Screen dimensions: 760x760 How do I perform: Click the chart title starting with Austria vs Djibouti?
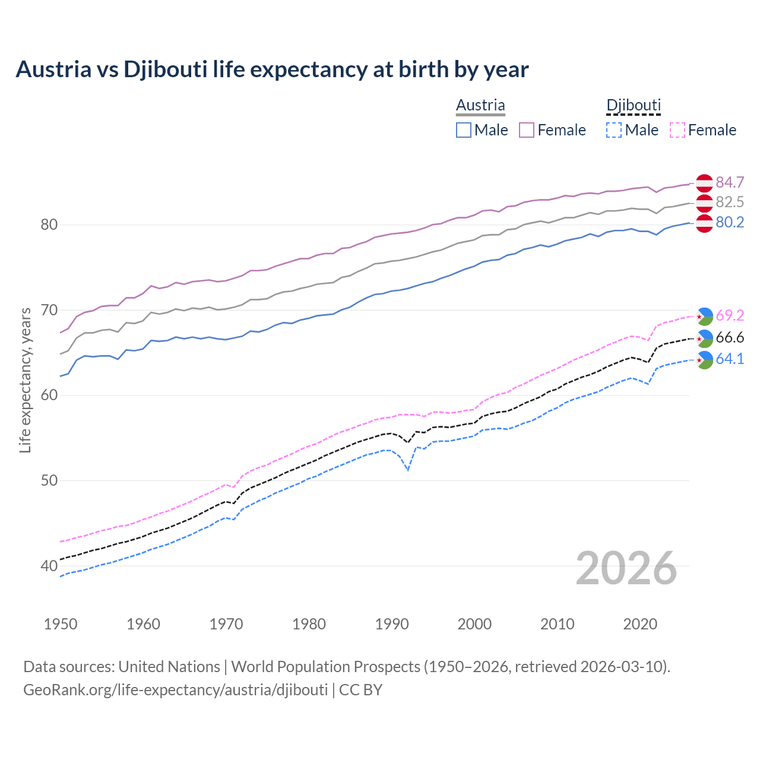(272, 69)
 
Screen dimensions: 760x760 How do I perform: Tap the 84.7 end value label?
(730, 182)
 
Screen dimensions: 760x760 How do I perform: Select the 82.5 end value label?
(730, 202)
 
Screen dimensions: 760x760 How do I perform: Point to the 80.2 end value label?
(730, 223)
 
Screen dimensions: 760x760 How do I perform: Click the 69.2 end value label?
(730, 315)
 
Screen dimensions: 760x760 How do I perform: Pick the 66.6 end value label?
(730, 338)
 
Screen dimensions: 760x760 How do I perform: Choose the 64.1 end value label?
(730, 359)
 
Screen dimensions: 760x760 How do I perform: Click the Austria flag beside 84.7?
(704, 183)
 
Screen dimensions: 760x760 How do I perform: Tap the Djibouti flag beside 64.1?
(704, 360)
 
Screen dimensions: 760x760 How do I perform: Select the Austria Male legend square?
(464, 130)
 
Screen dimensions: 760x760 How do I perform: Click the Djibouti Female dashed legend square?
(677, 130)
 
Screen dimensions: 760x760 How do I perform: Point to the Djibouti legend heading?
(634, 106)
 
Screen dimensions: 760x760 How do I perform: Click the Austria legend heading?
(480, 106)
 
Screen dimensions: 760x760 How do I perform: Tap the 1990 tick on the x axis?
(392, 624)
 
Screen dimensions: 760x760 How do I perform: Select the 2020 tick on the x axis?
(640, 624)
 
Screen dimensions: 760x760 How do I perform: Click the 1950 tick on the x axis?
(61, 624)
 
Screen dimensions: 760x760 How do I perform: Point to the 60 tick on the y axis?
(49, 395)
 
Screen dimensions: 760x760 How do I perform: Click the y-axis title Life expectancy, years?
(25, 380)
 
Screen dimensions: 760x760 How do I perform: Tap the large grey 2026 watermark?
(626, 568)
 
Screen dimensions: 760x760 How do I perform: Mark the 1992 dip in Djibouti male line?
(408, 470)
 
